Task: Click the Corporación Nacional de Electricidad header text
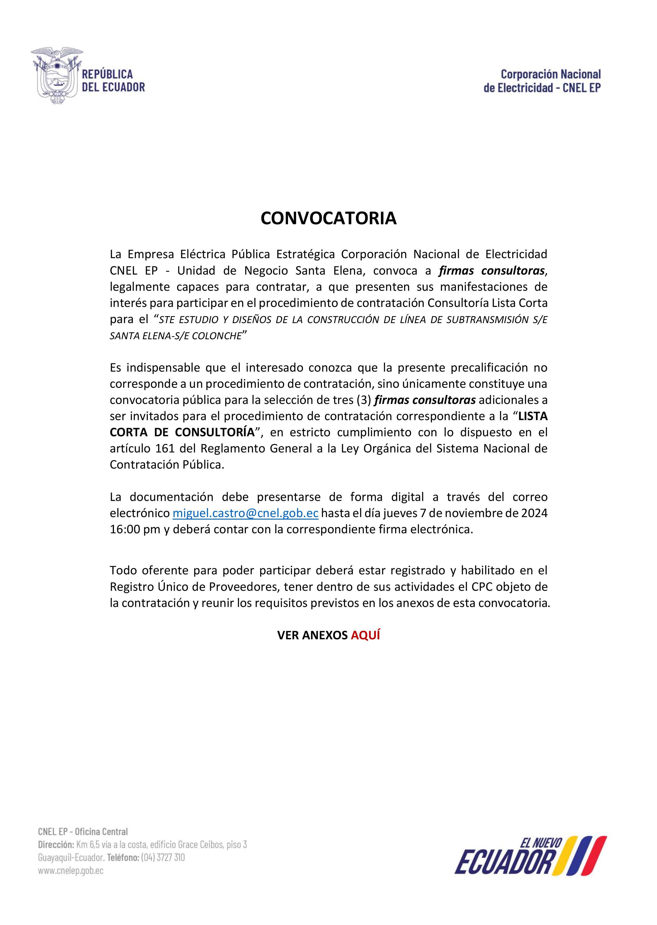pos(542,81)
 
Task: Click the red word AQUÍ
pos(365,635)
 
